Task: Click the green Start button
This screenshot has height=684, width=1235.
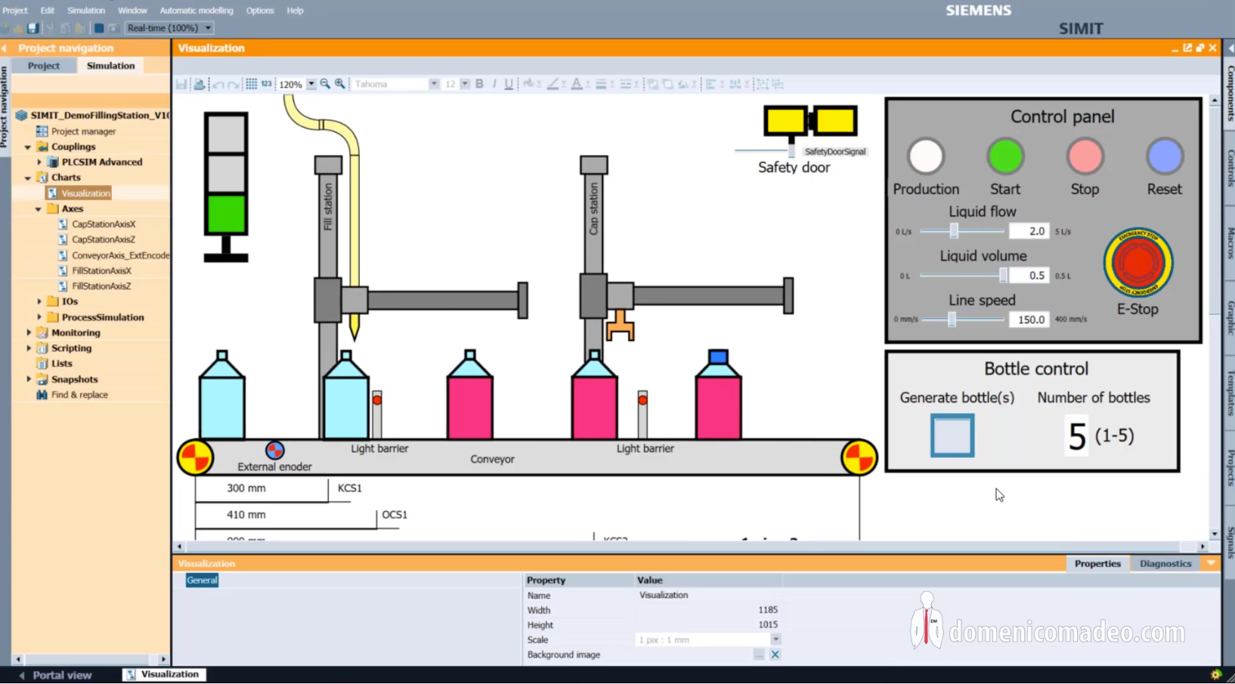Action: click(1005, 157)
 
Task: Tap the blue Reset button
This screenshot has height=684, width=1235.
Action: click(1164, 157)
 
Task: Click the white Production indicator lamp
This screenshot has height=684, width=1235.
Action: click(925, 157)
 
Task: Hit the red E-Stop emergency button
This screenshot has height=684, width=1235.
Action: click(1137, 263)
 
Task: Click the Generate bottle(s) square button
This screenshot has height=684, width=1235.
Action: click(952, 435)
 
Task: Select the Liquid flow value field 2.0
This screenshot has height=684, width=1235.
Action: click(1029, 231)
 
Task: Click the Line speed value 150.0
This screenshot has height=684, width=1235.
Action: click(1029, 320)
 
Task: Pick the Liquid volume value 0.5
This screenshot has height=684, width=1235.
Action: click(1029, 276)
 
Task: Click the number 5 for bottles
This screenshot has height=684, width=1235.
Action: click(1076, 436)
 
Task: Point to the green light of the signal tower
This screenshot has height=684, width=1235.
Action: click(226, 214)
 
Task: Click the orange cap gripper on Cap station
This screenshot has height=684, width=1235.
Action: click(620, 325)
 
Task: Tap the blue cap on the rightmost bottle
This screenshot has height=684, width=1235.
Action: click(718, 356)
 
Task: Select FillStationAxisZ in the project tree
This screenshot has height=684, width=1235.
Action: click(101, 286)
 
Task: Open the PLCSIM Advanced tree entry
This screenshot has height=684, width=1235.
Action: click(101, 162)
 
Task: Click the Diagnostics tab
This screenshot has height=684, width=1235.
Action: click(1165, 564)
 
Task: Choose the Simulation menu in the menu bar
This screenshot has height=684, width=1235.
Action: click(85, 11)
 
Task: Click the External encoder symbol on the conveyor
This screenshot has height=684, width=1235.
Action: click(274, 450)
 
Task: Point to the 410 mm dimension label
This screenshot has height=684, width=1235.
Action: click(246, 515)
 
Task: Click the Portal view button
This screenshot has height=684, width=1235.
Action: click(61, 675)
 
